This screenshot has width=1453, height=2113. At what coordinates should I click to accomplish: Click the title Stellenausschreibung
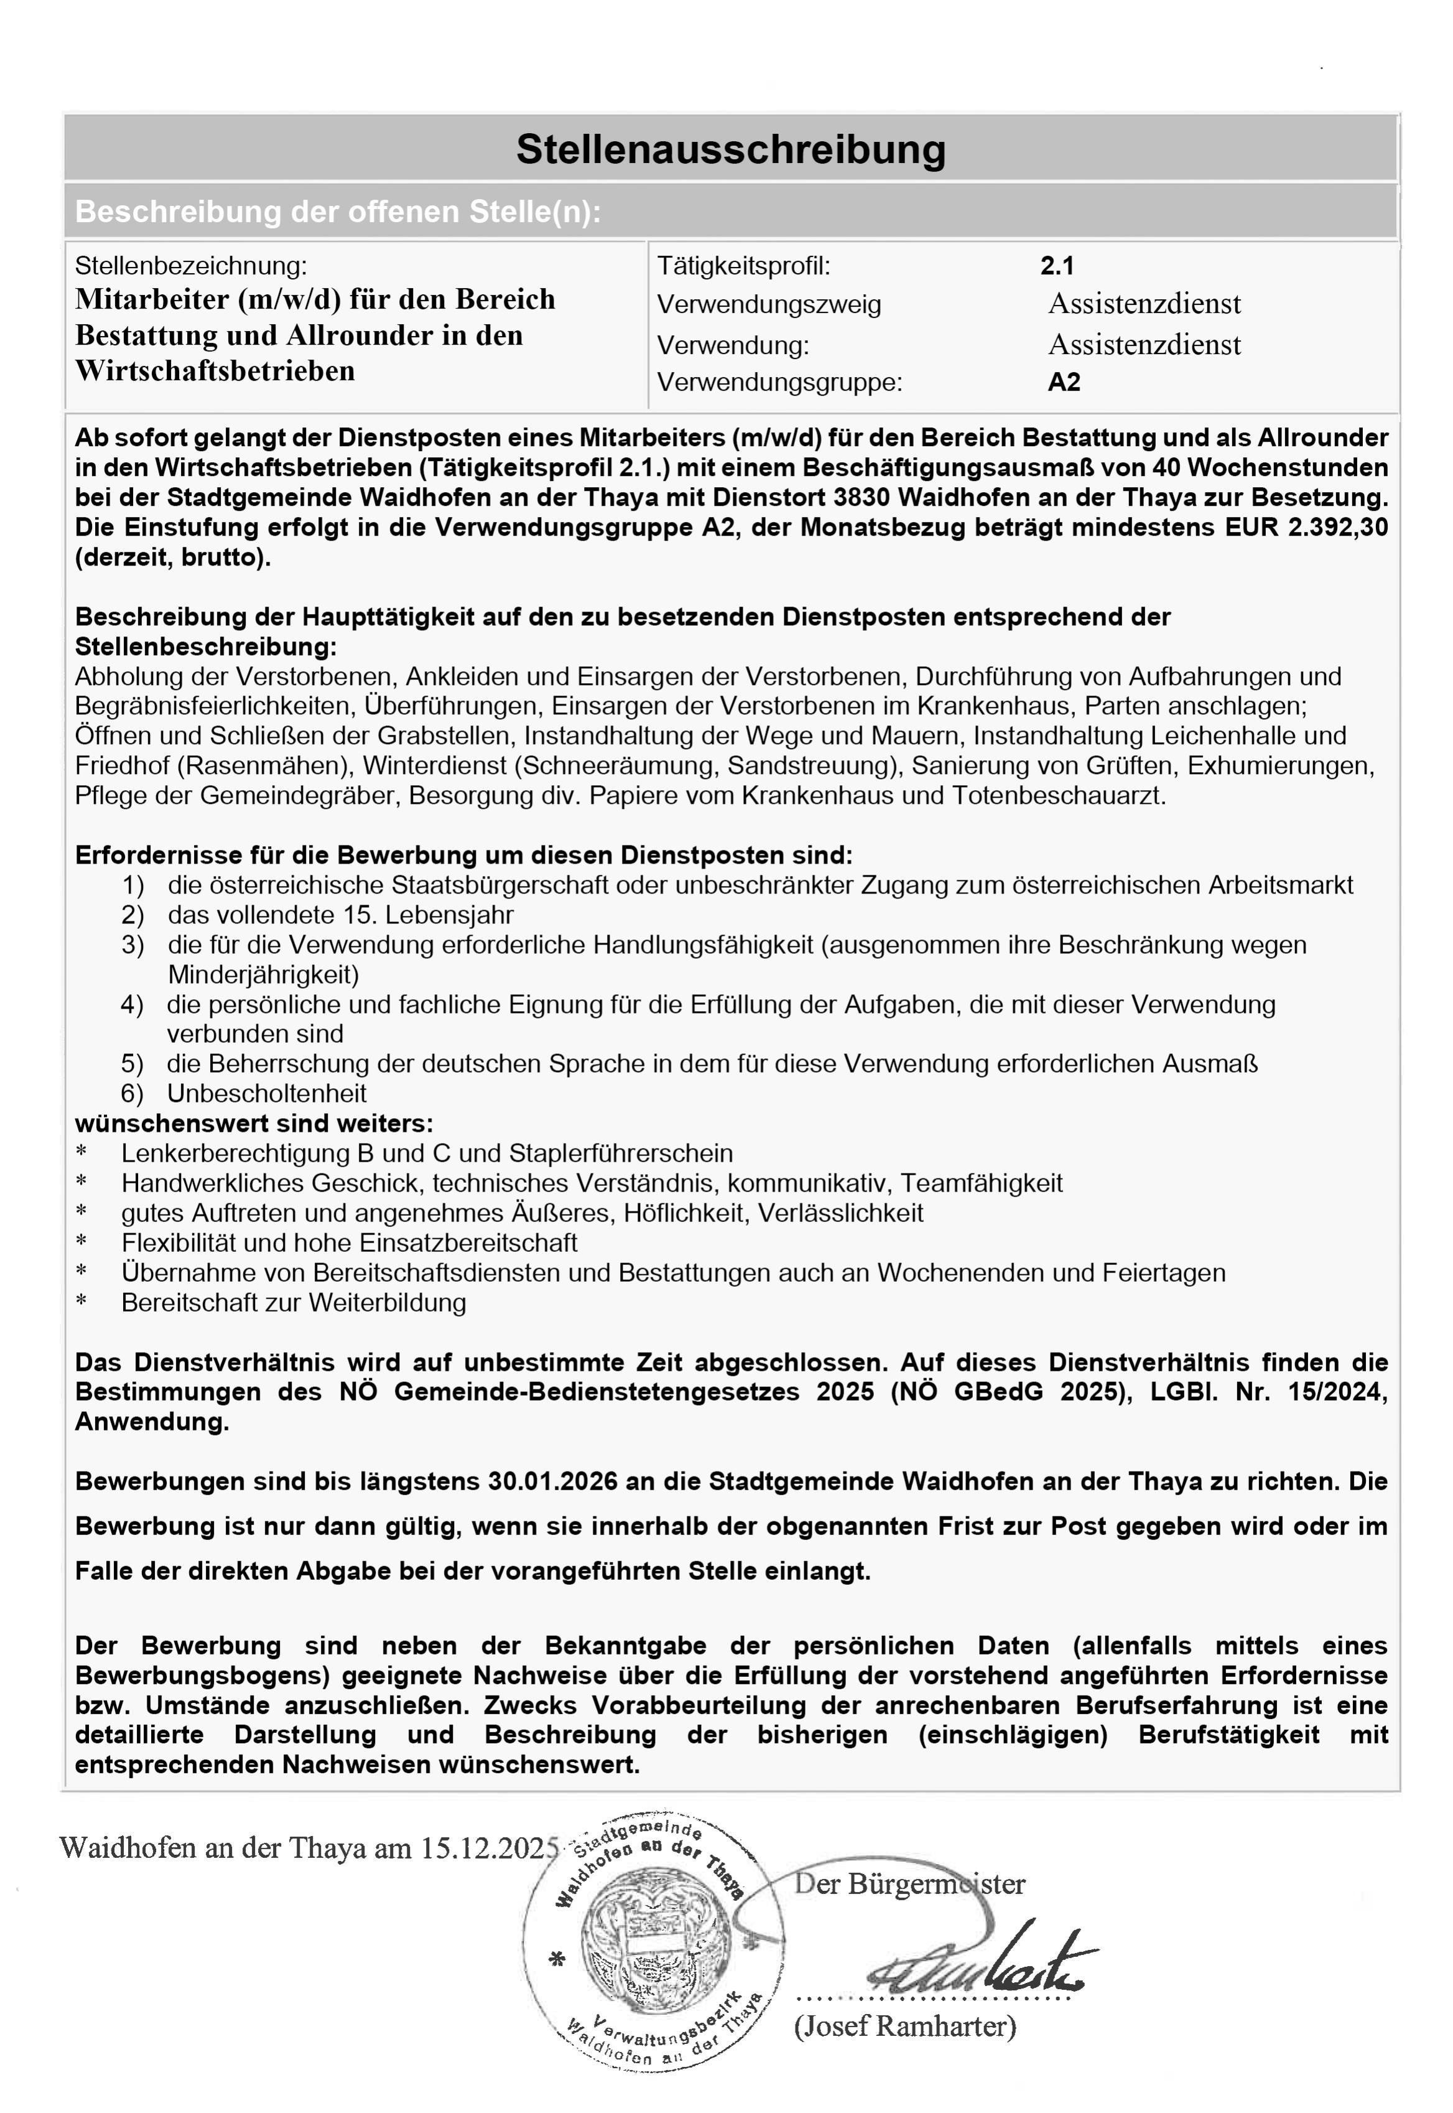pyautogui.click(x=730, y=149)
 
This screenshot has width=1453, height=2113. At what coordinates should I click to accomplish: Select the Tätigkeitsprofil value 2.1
pyautogui.click(x=1057, y=266)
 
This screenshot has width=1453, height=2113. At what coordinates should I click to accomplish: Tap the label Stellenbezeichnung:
pyautogui.click(x=191, y=266)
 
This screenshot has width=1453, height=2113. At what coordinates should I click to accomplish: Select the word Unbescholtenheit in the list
pyautogui.click(x=267, y=1094)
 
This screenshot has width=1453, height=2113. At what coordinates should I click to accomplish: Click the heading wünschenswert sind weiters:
pyautogui.click(x=254, y=1124)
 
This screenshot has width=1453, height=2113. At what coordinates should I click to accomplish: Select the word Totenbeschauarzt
pyautogui.click(x=1059, y=796)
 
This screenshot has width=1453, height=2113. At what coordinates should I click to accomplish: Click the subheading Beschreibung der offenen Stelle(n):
pyautogui.click(x=338, y=212)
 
